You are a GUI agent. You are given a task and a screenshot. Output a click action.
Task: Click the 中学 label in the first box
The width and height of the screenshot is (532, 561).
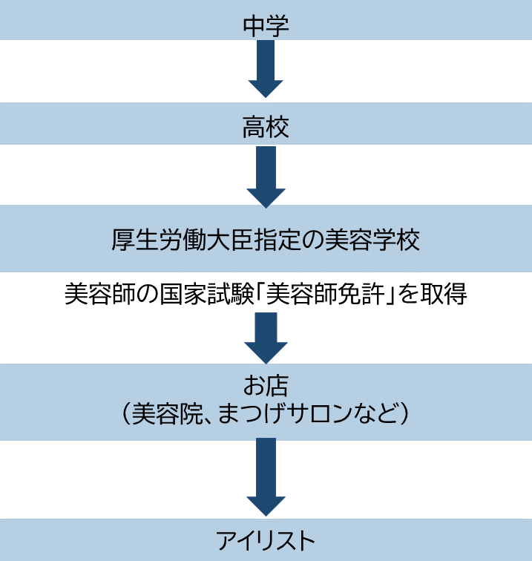[266, 24]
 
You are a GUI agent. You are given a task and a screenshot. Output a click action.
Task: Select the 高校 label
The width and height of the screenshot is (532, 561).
[266, 128]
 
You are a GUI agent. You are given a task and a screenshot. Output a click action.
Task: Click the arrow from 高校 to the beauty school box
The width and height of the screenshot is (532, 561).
[266, 177]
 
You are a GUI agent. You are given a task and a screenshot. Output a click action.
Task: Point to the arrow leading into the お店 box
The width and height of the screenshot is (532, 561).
[266, 337]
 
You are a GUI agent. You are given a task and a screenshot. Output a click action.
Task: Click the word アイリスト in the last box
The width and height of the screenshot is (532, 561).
[266, 539]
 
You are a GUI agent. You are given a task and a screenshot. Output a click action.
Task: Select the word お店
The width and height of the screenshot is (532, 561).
[266, 385]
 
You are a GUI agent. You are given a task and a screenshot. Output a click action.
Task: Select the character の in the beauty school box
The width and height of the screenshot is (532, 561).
[312, 240]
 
